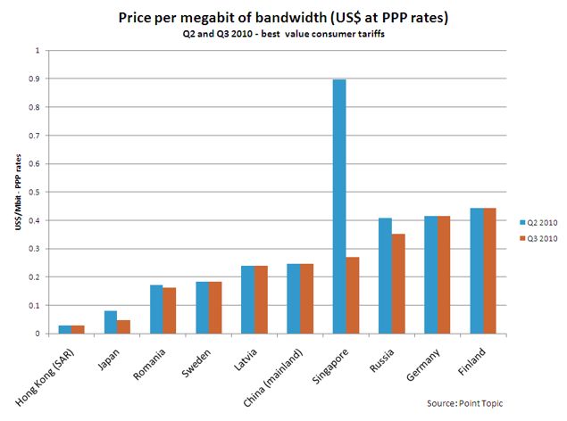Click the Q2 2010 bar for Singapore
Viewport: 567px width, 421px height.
(x=339, y=206)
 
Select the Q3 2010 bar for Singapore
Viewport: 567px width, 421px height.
(x=352, y=295)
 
